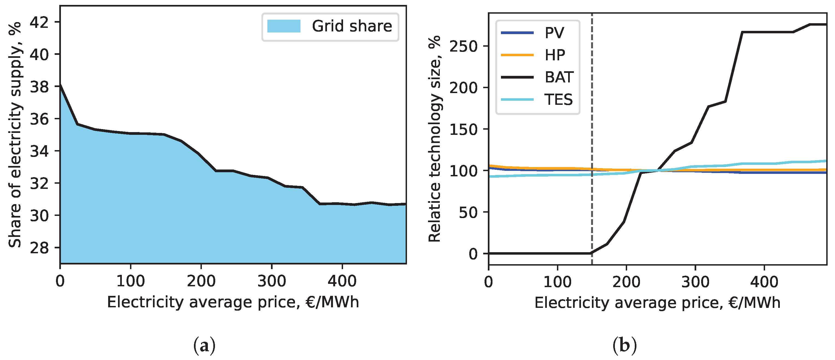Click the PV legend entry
click(x=554, y=33)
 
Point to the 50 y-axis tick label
click(x=468, y=212)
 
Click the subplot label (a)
click(x=204, y=346)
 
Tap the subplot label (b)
click(x=624, y=346)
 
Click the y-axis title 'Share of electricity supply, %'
click(x=15, y=135)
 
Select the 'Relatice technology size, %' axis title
click(x=435, y=139)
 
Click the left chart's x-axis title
click(x=233, y=302)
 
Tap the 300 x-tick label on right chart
click(x=695, y=282)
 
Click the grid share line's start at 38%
click(x=61, y=85)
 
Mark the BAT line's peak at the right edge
click(x=823, y=24)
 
